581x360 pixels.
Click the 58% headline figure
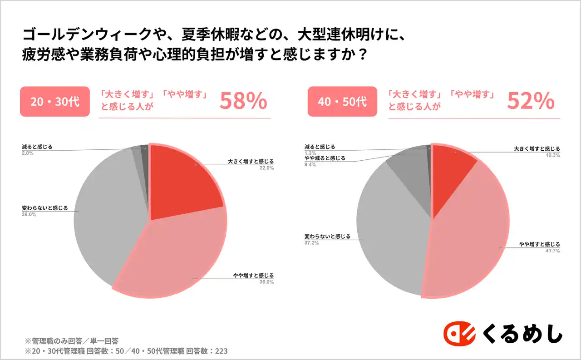(x=243, y=102)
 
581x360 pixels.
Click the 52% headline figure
(x=531, y=102)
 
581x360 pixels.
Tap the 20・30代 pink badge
(x=55, y=102)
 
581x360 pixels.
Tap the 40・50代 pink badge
(x=342, y=102)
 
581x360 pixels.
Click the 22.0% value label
(x=267, y=168)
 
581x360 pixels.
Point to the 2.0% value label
(x=28, y=153)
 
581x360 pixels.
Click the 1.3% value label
(x=310, y=153)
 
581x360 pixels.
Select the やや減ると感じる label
(x=325, y=158)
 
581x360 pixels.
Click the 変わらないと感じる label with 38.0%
(x=44, y=208)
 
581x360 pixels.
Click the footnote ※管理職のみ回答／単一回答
(x=72, y=340)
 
